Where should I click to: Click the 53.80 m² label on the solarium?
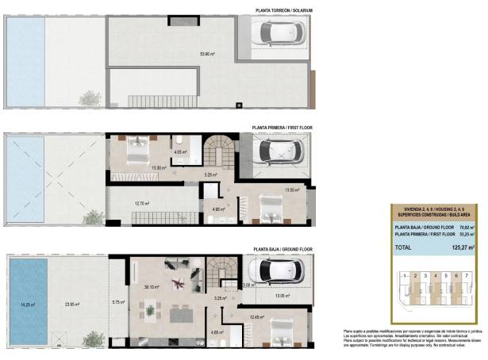208,54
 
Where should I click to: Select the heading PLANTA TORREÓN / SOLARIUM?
284,10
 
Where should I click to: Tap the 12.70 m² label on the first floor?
142,203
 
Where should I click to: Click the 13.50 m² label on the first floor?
292,190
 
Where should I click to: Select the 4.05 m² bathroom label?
179,151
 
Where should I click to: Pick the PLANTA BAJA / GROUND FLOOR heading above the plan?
284,249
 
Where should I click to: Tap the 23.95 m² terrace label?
75,302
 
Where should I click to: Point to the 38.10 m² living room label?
151,288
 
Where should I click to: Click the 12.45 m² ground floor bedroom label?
256,317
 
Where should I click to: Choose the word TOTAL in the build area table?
404,247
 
